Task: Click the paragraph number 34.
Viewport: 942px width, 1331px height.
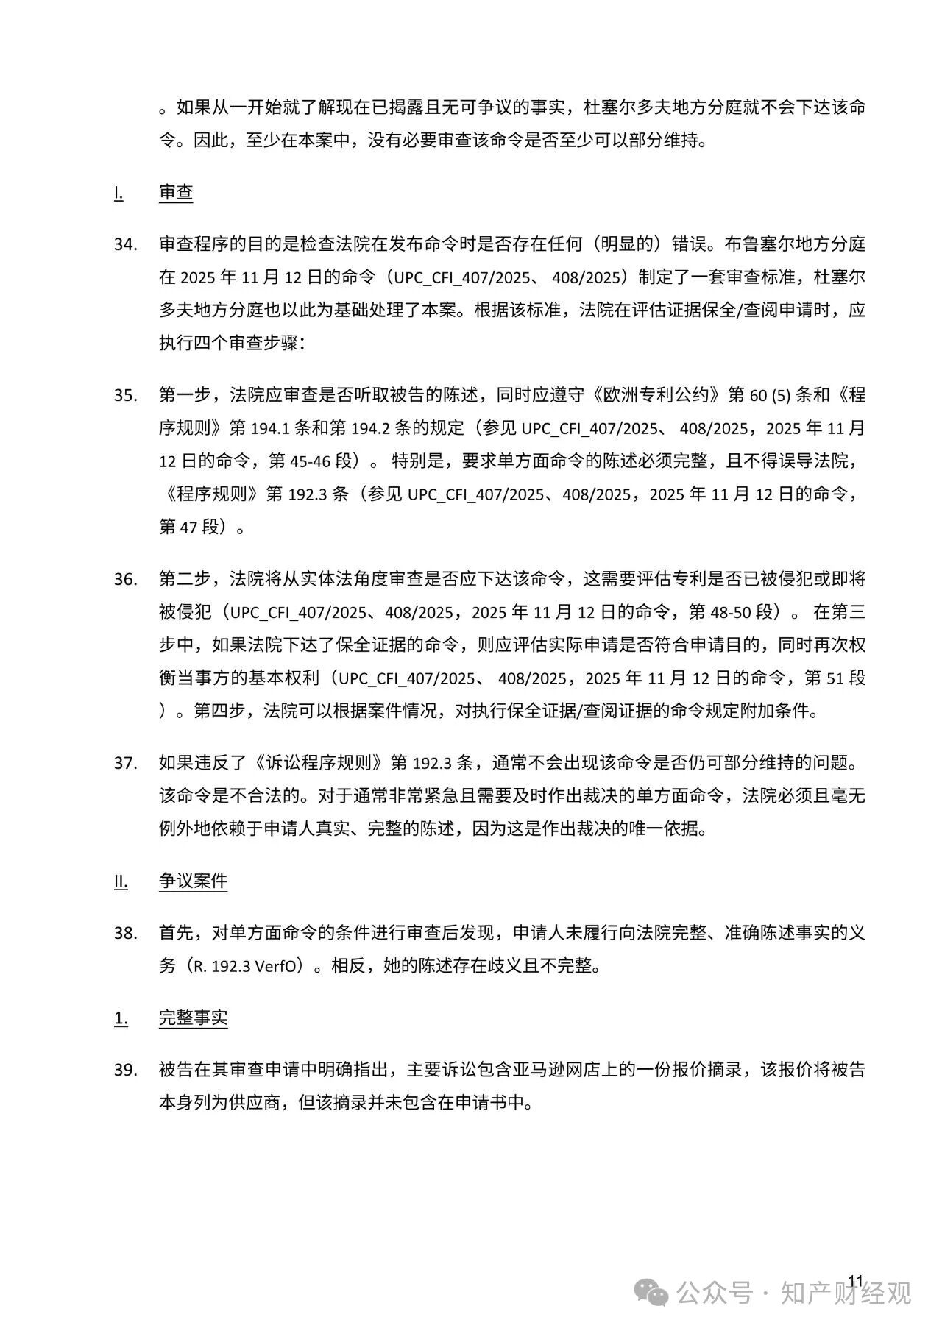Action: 125,244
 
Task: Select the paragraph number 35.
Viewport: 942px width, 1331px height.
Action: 125,395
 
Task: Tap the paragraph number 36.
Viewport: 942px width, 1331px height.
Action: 125,579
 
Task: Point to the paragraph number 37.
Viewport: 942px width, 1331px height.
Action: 125,763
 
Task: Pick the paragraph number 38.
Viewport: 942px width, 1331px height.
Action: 125,933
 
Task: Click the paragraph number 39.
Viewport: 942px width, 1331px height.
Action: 125,1070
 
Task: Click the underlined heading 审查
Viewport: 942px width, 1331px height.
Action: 176,193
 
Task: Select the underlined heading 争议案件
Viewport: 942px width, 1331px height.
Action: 193,881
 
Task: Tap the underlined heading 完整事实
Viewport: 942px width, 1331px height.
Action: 193,1018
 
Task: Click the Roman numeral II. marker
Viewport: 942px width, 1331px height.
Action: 121,881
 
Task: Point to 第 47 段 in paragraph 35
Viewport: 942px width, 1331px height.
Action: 190,527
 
